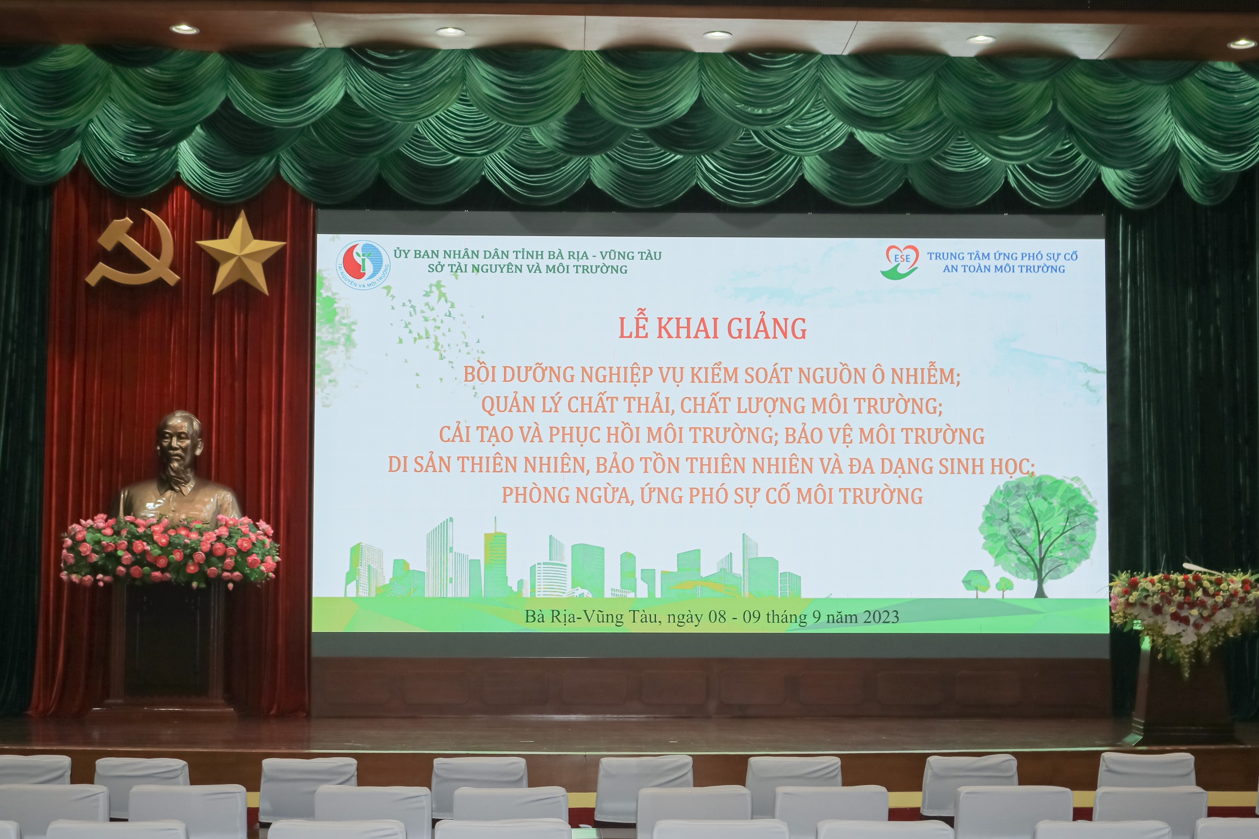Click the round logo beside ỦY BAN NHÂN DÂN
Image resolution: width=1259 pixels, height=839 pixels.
(363, 266)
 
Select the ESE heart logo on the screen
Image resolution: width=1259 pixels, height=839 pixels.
(900, 262)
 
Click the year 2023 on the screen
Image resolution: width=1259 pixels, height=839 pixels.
(881, 617)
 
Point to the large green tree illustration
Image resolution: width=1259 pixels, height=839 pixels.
(1038, 536)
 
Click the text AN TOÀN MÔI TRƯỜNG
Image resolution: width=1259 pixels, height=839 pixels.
(1004, 269)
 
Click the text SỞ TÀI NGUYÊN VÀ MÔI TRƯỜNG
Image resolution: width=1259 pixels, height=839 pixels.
(527, 269)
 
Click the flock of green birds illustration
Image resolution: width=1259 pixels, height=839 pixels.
(433, 327)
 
